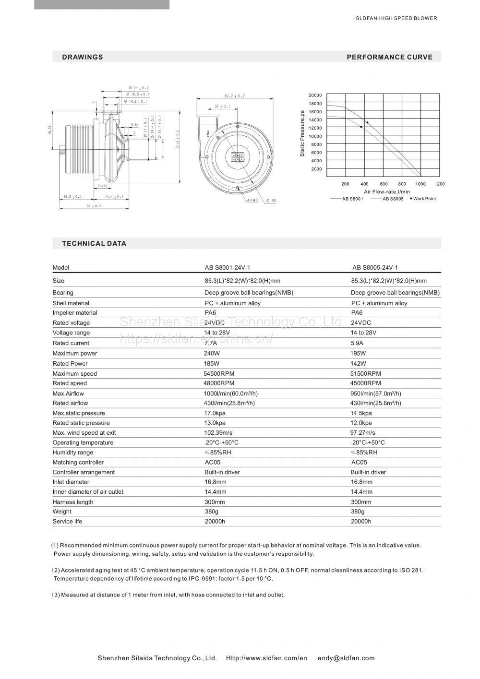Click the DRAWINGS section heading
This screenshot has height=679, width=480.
tap(83, 57)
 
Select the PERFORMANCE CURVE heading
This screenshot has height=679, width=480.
tap(389, 57)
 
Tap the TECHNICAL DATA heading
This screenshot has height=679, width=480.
tap(94, 243)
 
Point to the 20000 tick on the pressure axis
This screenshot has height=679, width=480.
tap(315, 95)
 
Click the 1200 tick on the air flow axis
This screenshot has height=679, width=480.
tap(440, 184)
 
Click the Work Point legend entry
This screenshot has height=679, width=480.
tap(423, 199)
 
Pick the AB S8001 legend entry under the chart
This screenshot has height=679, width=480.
tap(352, 199)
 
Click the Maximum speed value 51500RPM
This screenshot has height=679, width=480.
tap(366, 373)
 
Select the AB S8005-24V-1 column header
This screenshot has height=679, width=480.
tap(375, 268)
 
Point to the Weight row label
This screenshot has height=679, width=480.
tap(62, 512)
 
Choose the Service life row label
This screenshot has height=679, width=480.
tap(68, 521)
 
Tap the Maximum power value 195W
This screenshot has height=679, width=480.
tap(358, 353)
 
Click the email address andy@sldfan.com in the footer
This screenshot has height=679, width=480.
tap(346, 658)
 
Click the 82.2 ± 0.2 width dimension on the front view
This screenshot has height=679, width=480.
tap(235, 96)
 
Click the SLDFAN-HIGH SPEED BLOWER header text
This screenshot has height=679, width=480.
tap(396, 18)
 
